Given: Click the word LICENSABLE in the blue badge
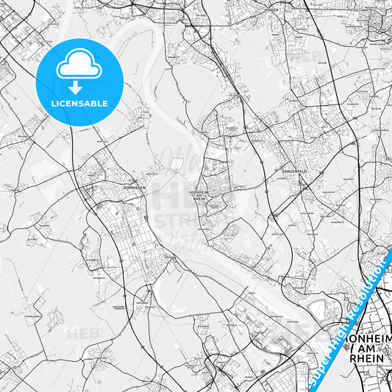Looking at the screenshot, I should coord(79,104).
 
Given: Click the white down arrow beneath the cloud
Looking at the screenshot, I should coord(79,87).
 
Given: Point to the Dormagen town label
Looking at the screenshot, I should coord(116,187).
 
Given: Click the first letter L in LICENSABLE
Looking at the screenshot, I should coord(53,104).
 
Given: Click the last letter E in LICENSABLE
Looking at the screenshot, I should coord(106,104).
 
